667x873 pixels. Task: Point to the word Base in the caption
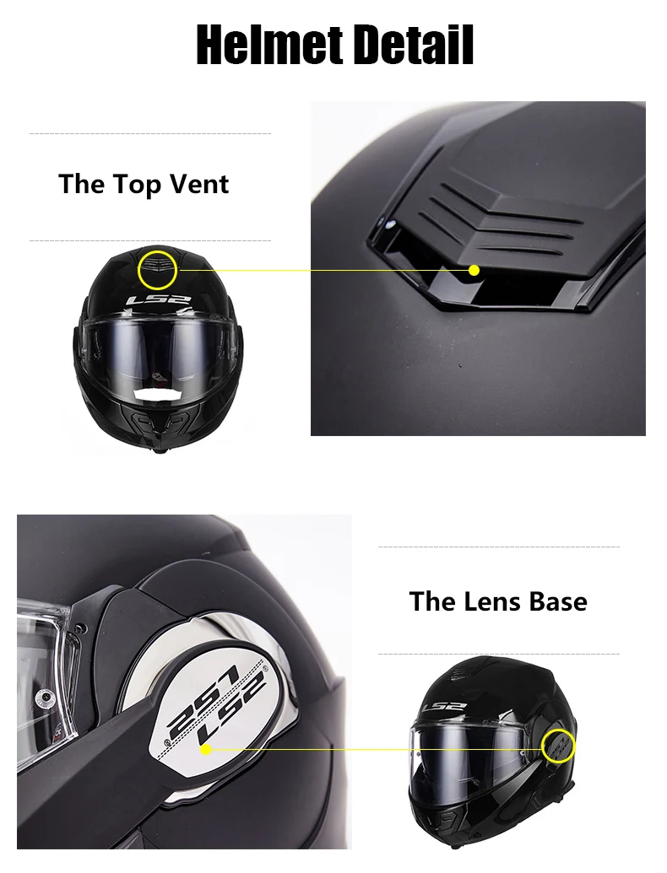point(558,601)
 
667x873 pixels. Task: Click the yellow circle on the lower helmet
point(558,747)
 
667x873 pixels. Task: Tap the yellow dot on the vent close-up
point(474,270)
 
